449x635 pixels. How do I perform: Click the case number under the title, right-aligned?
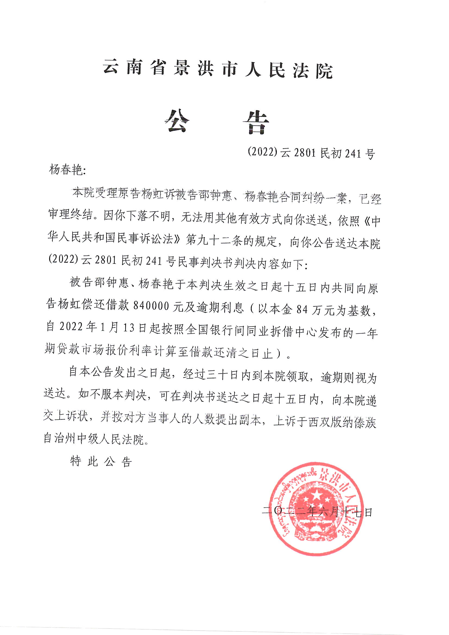[311, 153]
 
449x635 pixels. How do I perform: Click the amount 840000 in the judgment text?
[151, 306]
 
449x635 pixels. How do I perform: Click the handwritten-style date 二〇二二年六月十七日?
[317, 512]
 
